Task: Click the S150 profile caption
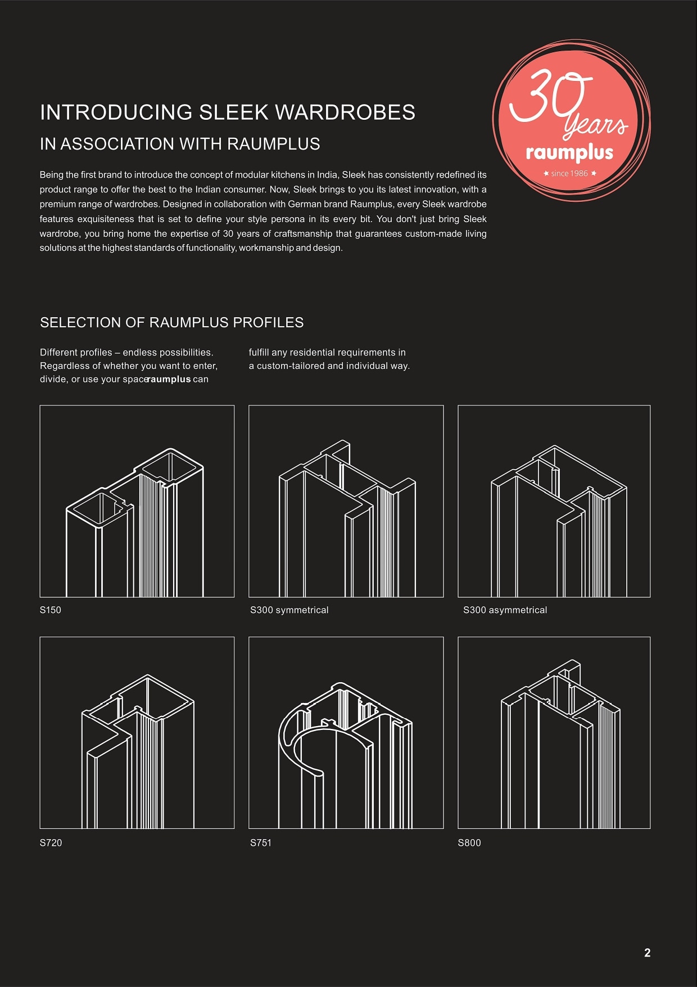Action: point(51,610)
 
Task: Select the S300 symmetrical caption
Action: point(289,610)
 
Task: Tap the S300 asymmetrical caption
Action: point(505,610)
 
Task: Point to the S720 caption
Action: point(51,842)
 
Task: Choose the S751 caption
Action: point(261,842)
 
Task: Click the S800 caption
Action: point(469,842)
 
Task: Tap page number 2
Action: point(647,953)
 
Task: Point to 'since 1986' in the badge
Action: point(569,173)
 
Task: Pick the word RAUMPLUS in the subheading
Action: point(274,144)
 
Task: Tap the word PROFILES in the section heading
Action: point(268,323)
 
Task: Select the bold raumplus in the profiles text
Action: point(169,379)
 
